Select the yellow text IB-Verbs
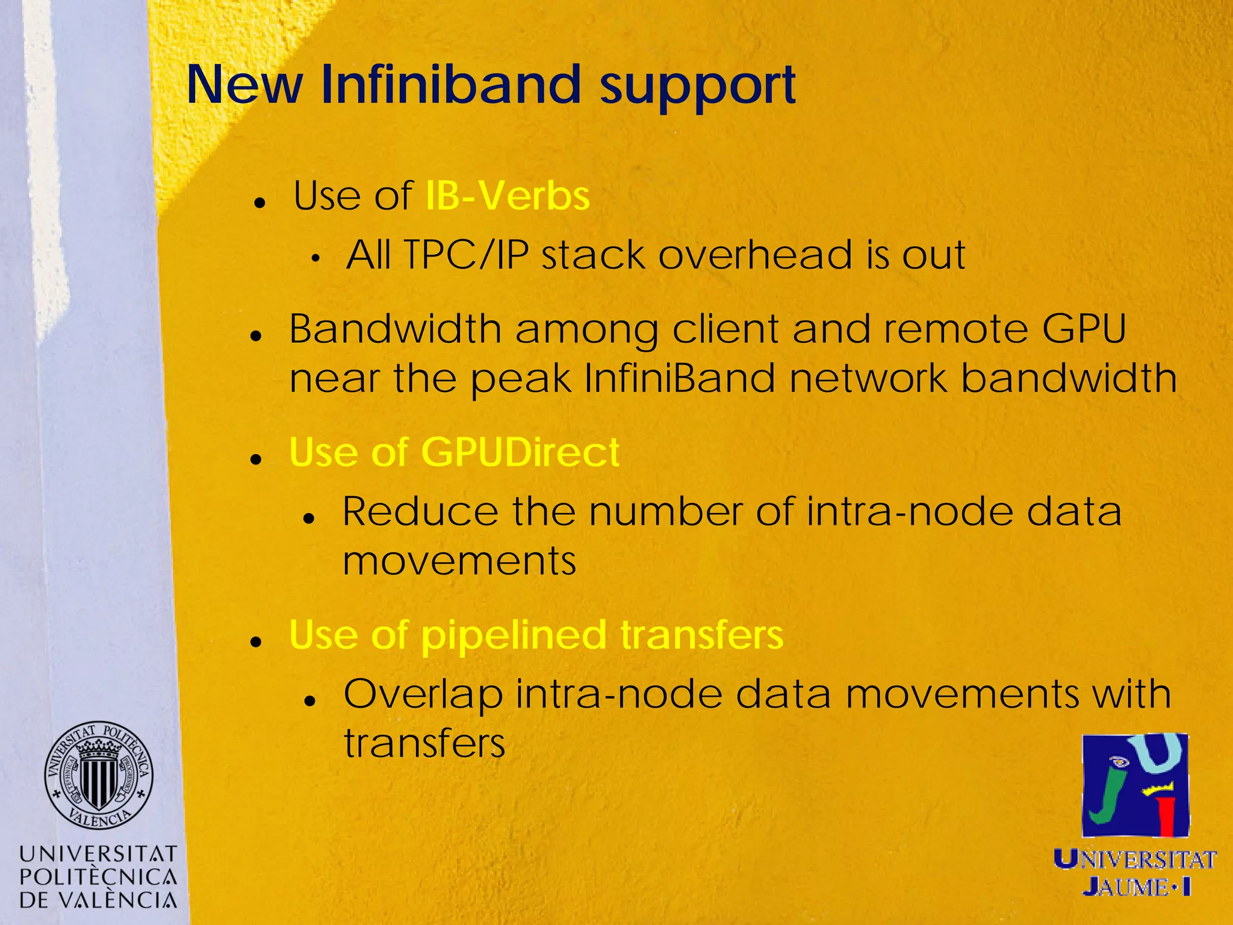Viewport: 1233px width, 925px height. tap(507, 196)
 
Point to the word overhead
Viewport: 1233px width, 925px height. tap(755, 255)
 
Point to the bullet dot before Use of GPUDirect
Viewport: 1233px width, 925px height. tap(256, 459)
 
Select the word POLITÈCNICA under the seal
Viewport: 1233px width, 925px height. tap(98, 877)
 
